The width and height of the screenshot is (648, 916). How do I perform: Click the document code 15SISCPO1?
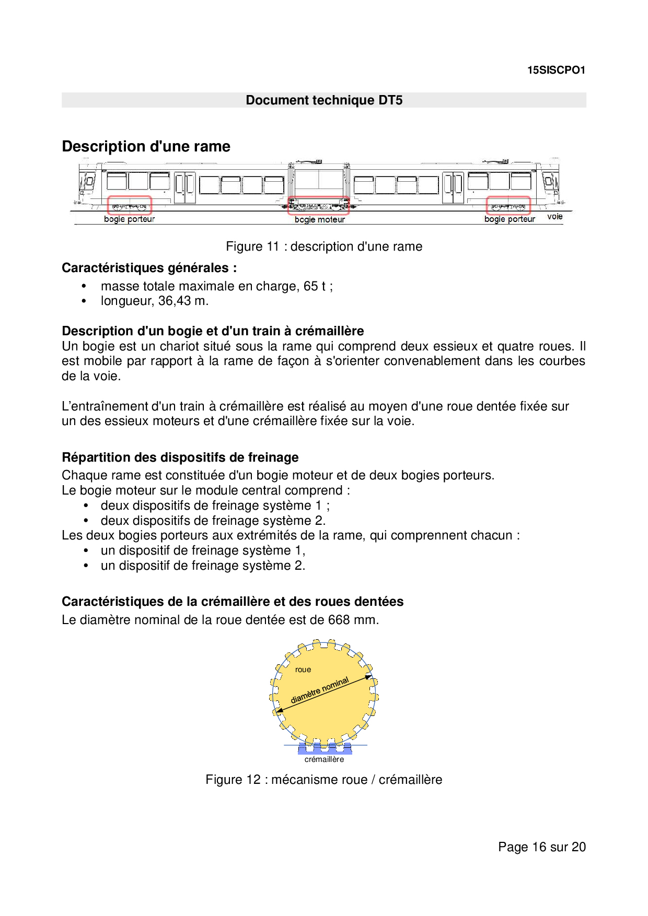(x=556, y=70)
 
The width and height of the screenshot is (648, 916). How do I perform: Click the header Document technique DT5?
(x=324, y=100)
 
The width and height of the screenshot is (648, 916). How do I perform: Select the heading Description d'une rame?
(x=146, y=146)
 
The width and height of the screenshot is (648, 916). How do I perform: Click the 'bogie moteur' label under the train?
(x=319, y=220)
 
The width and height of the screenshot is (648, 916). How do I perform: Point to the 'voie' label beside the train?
(x=554, y=216)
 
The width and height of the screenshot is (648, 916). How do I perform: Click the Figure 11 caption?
(x=324, y=246)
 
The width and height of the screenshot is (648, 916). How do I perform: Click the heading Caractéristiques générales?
(x=149, y=268)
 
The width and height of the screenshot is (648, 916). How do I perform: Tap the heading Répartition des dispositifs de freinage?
(x=180, y=457)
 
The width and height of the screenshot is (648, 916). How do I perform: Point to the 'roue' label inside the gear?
(x=303, y=670)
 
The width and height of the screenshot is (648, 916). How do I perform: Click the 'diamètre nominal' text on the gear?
(x=319, y=690)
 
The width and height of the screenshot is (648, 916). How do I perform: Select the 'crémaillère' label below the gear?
(x=324, y=759)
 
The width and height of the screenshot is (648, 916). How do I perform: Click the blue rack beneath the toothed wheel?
(x=325, y=749)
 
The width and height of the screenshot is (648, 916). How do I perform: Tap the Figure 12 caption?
(x=323, y=780)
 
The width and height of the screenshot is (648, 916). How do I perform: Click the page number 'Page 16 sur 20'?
(x=541, y=847)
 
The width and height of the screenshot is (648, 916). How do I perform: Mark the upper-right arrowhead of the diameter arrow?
(x=369, y=677)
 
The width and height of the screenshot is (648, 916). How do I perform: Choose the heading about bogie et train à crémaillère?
(x=213, y=331)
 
